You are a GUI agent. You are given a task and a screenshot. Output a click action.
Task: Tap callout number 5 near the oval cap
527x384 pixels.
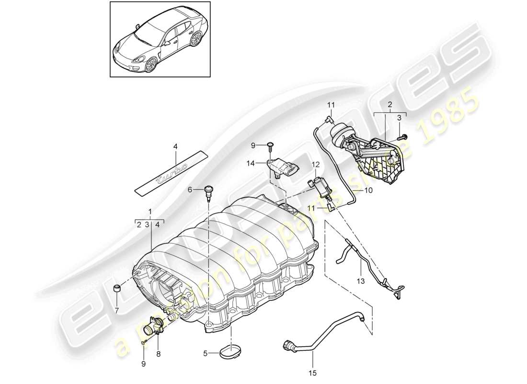tap(206, 354)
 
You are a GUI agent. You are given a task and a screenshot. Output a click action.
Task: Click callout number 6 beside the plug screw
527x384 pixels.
tap(190, 190)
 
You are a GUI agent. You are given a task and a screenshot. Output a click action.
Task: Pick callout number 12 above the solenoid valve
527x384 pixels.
tap(315, 165)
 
